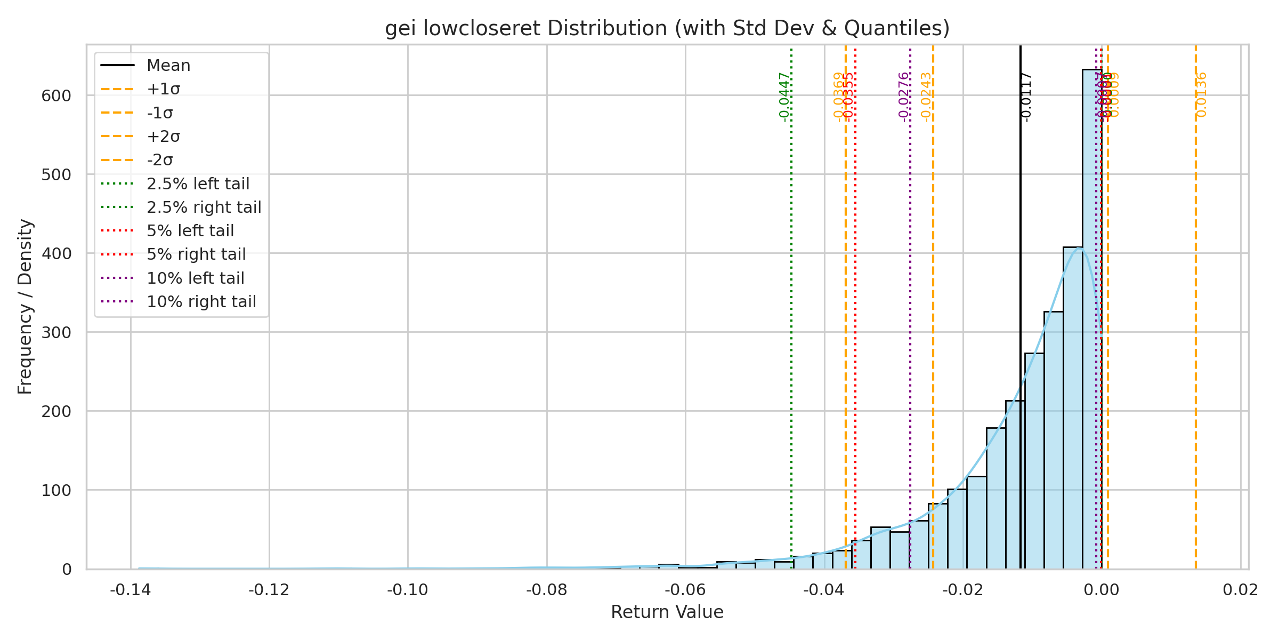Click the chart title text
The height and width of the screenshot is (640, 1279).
(667, 28)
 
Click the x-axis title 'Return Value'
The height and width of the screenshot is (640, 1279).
(667, 612)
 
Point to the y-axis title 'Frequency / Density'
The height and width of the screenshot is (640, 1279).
(25, 307)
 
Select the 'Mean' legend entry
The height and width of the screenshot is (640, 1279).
(168, 66)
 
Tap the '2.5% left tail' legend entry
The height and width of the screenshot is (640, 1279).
(198, 184)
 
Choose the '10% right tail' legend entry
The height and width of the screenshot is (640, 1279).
(201, 302)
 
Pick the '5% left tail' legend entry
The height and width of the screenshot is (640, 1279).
(190, 231)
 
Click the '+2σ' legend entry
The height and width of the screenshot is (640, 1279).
(163, 137)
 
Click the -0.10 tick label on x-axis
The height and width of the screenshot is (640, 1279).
(408, 590)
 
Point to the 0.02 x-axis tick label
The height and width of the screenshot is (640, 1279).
(1241, 590)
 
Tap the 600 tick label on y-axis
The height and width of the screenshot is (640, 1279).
(56, 96)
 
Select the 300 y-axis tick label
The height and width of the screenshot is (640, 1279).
(56, 333)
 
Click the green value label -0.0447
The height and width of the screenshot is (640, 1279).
(784, 97)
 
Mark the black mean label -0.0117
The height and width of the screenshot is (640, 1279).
(1026, 97)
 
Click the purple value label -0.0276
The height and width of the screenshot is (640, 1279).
(903, 97)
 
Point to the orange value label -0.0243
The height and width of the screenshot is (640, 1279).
(926, 97)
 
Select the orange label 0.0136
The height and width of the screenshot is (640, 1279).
(1201, 95)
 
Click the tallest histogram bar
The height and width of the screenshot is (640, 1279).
(1092, 320)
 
